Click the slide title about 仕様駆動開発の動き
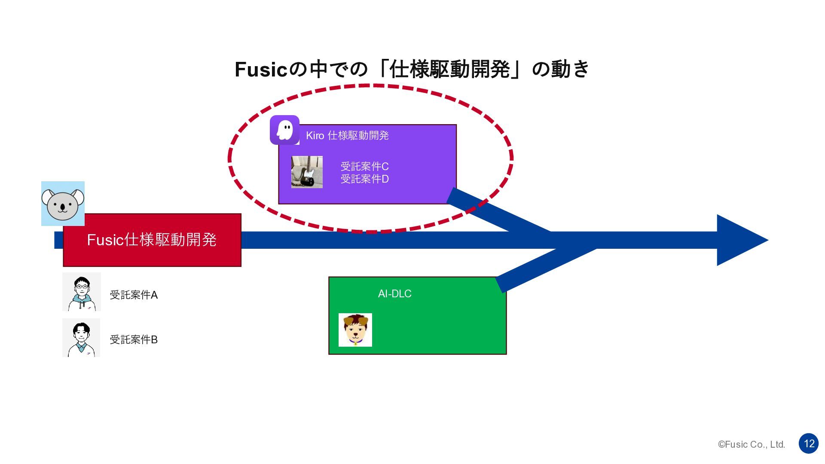pos(412,69)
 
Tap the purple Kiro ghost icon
pos(284,130)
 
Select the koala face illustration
pos(63,204)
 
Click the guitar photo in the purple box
pos(307,172)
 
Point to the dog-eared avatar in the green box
pos(355,330)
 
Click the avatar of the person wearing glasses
pos(82,292)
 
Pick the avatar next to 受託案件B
pos(81,338)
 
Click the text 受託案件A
pos(134,295)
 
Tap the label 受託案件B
pos(134,340)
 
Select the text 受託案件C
pos(364,167)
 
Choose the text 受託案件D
pos(364,179)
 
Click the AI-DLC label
pos(394,294)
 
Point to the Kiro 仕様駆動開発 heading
pos(347,136)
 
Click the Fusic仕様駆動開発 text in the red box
pos(152,240)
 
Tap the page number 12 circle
pos(809,443)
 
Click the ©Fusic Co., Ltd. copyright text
pos(752,445)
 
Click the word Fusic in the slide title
pos(260,70)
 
